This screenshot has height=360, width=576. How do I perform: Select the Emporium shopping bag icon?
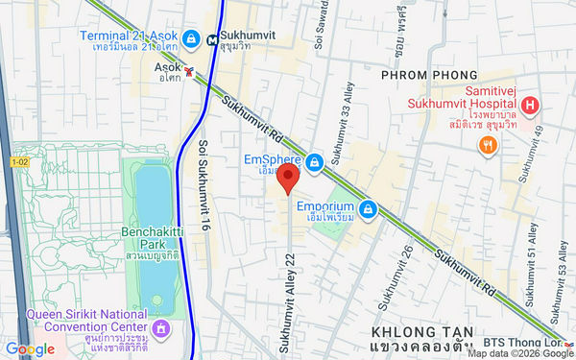pos(366,207)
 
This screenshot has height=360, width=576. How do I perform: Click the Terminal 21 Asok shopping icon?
pos(192,38)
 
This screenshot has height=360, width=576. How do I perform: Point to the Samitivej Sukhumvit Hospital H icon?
pos(530,104)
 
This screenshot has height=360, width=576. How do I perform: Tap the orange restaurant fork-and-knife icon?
pos(489,146)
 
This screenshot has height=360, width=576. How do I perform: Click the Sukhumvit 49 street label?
pos(525,154)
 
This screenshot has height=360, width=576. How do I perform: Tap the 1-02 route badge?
pos(19,163)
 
